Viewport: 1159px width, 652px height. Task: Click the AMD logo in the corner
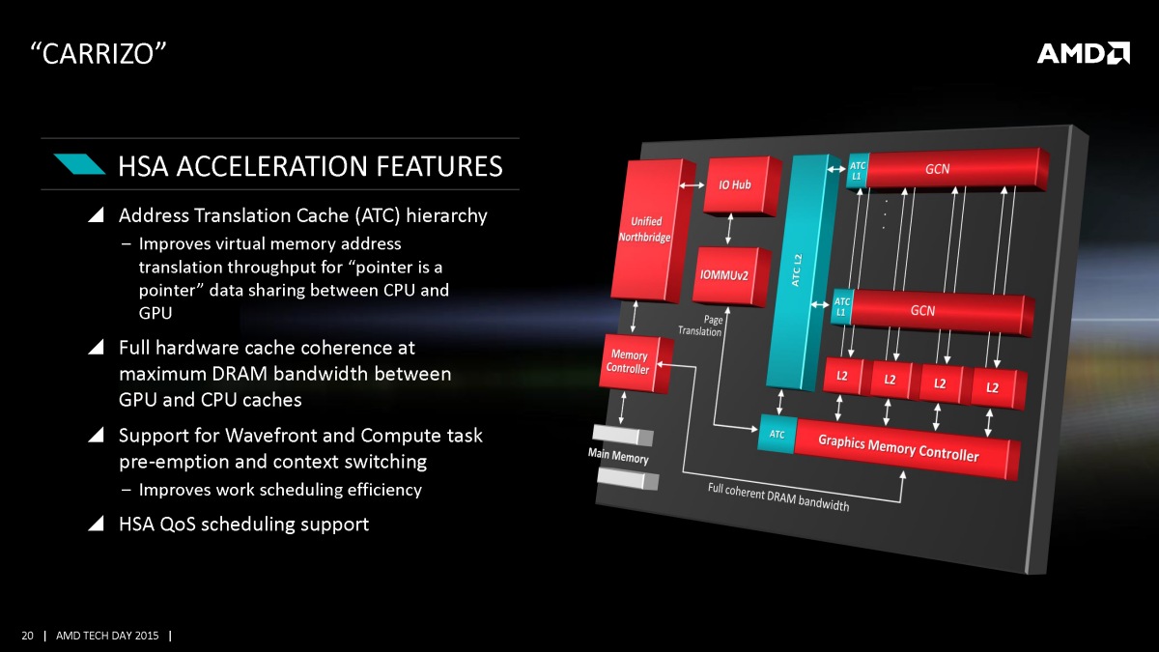1084,53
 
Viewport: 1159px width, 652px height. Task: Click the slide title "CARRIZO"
93,54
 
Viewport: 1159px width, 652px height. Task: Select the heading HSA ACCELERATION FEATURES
310,166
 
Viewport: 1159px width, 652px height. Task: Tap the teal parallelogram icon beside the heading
79,164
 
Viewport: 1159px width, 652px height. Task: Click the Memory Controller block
632,362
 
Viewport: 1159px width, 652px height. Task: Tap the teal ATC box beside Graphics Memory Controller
777,436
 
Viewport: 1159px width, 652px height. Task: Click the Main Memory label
619,456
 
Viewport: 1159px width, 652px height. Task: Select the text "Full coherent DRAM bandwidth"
778,496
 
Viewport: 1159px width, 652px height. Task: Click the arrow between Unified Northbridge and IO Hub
691,184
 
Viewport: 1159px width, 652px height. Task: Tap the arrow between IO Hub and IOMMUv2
729,228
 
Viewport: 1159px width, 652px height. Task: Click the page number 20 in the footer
27,636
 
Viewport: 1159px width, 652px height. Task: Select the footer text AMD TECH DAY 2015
106,636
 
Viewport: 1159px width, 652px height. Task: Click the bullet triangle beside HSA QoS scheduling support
96,524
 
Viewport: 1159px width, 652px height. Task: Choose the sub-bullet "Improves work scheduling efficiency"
280,490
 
